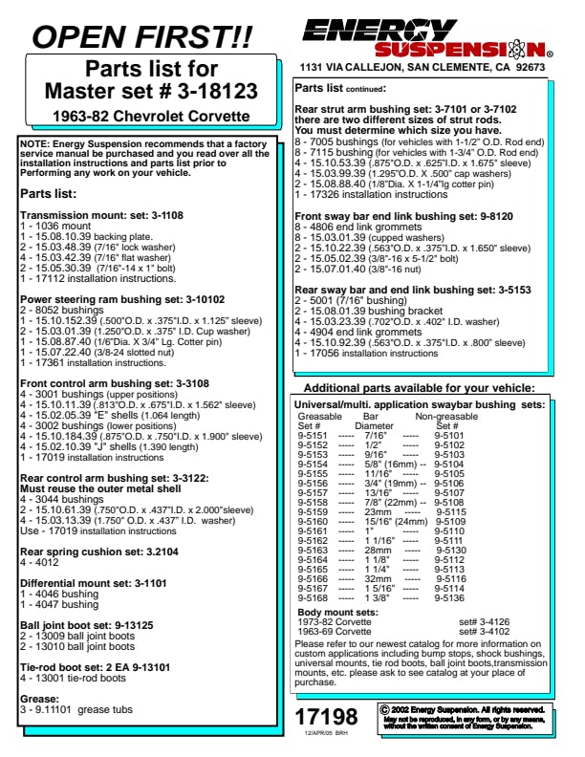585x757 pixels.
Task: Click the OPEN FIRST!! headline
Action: pos(143,37)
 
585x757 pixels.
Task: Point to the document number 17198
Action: pos(327,717)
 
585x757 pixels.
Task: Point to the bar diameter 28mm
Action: pos(379,551)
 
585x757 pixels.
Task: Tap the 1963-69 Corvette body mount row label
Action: pos(336,632)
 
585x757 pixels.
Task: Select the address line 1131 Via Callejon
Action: pos(422,68)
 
